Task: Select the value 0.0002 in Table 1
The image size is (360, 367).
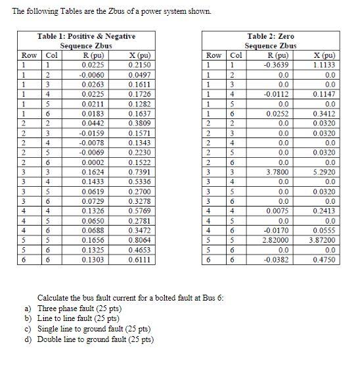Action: [92, 162]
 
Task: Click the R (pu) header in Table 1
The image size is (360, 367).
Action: [92, 55]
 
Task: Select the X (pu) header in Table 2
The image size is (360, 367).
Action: [324, 55]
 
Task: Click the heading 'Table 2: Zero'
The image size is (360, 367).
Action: [271, 36]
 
